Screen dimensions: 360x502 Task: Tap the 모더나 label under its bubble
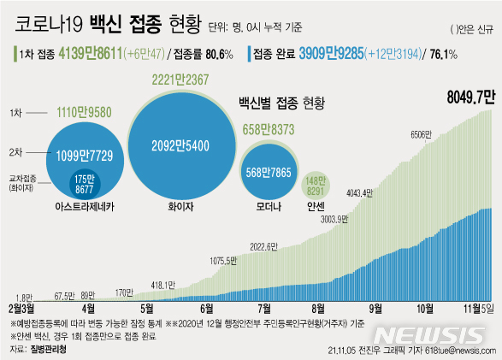click(x=268, y=206)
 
